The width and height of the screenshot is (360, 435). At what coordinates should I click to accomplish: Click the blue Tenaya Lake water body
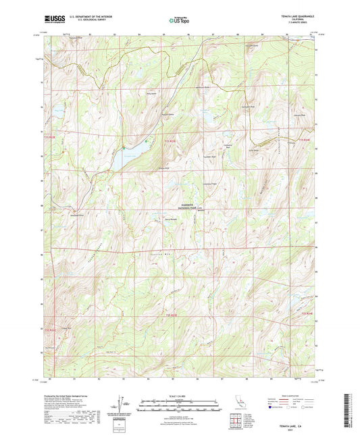(124, 158)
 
